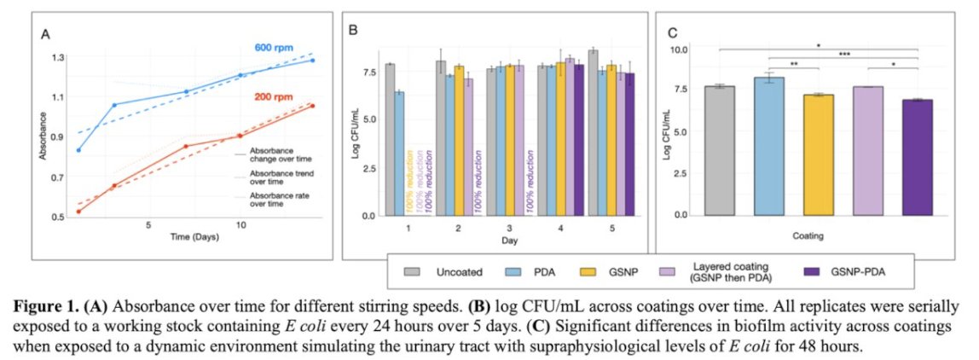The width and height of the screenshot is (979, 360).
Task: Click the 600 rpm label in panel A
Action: [274, 48]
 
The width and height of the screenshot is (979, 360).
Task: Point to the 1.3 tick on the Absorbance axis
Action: [58, 58]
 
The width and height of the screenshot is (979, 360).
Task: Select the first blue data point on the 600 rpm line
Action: [79, 150]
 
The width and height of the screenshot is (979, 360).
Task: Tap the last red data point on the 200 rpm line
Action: [312, 106]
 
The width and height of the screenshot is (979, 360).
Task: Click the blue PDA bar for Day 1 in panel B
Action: [399, 154]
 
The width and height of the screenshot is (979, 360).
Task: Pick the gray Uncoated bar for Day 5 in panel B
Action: [593, 132]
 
